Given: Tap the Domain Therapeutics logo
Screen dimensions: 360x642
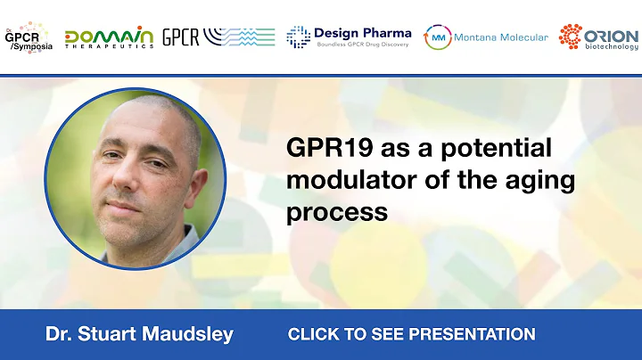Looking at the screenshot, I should [x=109, y=37].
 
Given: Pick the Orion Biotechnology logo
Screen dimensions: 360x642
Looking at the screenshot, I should [x=598, y=37].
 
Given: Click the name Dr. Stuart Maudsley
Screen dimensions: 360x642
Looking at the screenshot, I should [x=139, y=335].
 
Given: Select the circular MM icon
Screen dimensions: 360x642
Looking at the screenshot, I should [x=437, y=37].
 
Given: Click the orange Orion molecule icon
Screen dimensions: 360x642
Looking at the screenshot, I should [x=571, y=36].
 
